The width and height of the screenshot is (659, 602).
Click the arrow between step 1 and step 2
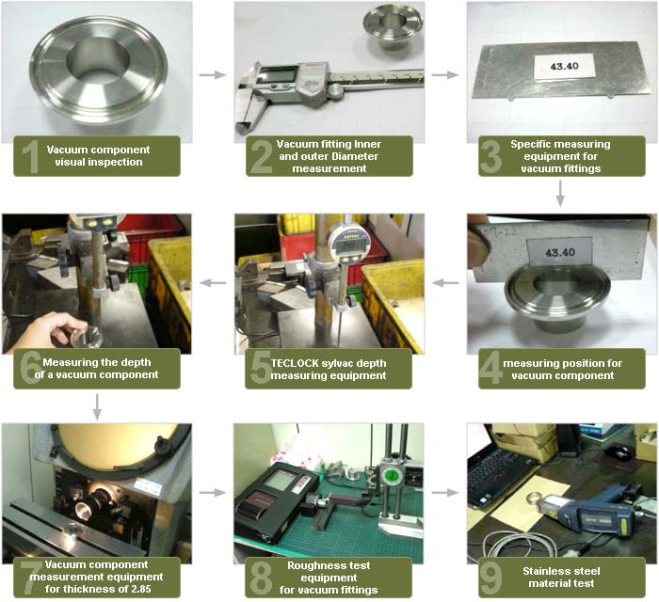tap(214, 74)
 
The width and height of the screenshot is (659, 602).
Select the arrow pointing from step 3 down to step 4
tap(560, 194)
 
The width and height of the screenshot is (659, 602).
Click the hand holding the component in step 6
tap(47, 329)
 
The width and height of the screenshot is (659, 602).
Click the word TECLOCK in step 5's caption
tap(297, 362)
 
